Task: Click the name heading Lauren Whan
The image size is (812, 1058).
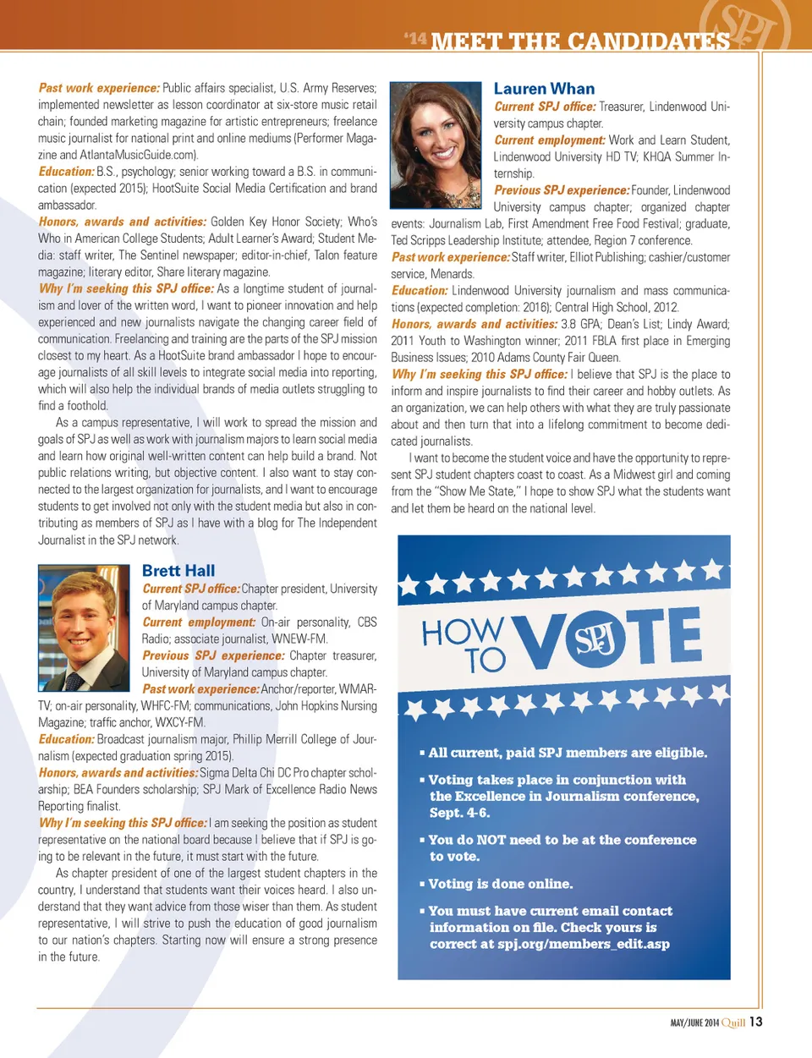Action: (544, 89)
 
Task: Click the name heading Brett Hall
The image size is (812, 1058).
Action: (178, 571)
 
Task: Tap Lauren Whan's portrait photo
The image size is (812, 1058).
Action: (435, 145)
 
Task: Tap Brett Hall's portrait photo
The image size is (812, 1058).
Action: (84, 628)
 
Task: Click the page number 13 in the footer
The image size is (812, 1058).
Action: (755, 1022)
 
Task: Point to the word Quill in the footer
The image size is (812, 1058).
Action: (733, 1022)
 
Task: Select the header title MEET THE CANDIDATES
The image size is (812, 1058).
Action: (580, 41)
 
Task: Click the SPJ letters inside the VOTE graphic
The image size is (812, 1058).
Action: (595, 639)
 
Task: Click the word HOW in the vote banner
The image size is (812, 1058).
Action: (463, 632)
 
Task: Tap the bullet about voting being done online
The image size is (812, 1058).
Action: (500, 884)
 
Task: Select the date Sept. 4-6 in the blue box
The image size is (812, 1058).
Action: (459, 813)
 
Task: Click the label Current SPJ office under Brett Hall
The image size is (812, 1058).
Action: (191, 589)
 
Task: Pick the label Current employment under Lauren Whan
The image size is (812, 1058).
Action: (550, 140)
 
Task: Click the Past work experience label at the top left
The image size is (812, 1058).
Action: (99, 88)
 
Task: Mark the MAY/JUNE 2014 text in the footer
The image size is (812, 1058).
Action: (694, 1022)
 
